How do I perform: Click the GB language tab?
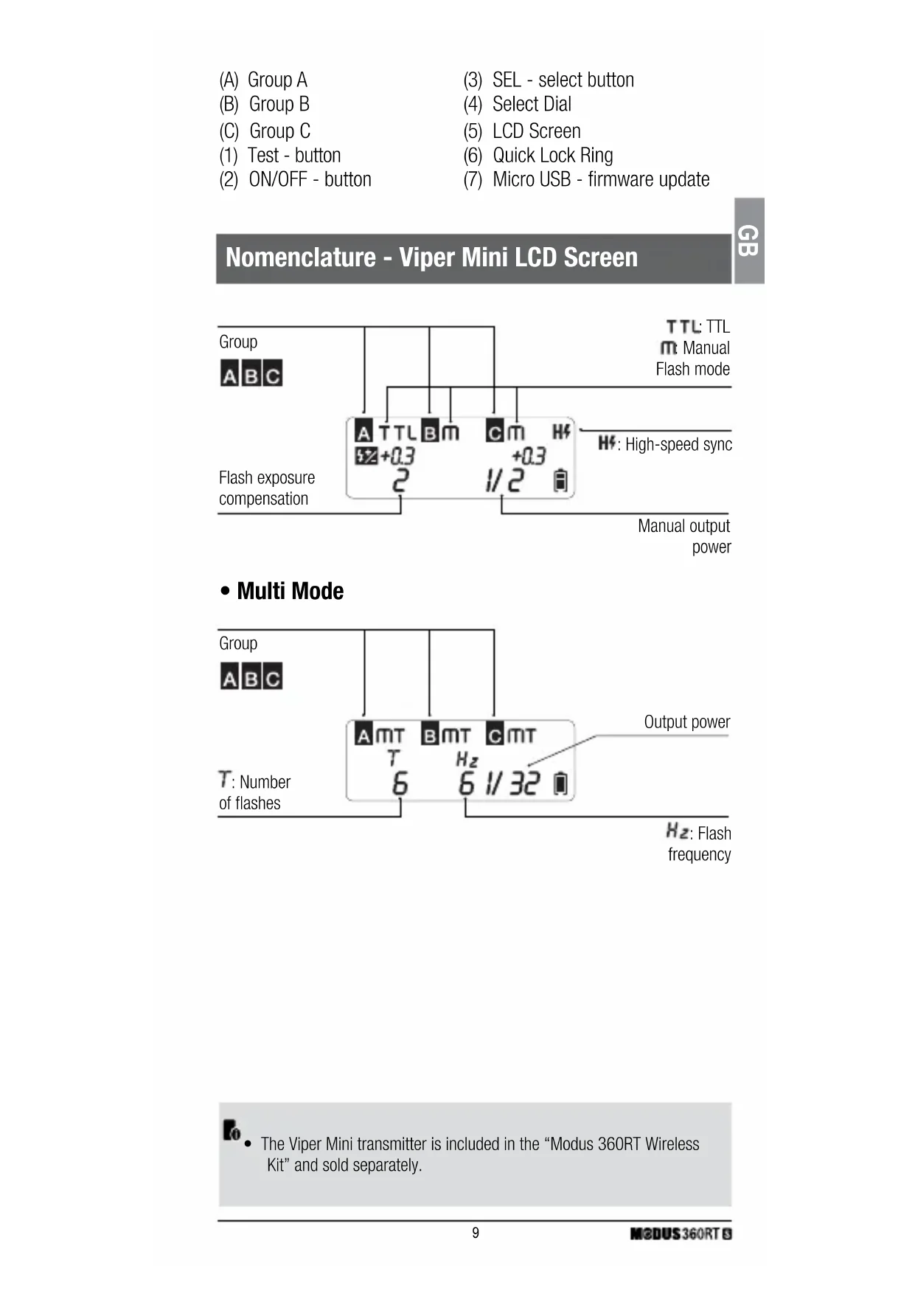pos(748,241)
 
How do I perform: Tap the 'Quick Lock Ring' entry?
pos(552,155)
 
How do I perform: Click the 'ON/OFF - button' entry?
pos(310,179)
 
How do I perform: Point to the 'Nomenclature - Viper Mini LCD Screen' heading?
pos(431,257)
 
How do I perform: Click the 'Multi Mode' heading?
pos(290,591)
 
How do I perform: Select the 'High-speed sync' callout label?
pos(677,444)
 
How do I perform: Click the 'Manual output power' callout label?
pos(685,536)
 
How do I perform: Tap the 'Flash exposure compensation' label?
pos(267,488)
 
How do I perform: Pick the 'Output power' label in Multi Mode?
pos(686,722)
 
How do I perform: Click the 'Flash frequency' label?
pos(699,843)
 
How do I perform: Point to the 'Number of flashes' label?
pos(255,792)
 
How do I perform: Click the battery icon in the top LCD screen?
pos(561,480)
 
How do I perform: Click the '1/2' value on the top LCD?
pos(505,480)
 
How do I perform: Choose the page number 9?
pos(476,1233)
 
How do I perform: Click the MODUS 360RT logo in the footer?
pos(681,1234)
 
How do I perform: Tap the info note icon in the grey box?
pos(232,1129)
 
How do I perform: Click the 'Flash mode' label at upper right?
pos(692,369)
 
